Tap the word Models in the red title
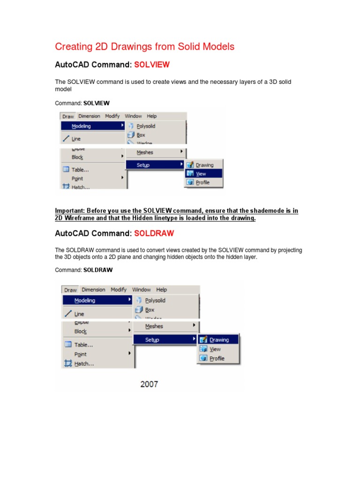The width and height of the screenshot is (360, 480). [x=217, y=46]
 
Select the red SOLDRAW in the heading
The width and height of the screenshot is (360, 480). [x=154, y=233]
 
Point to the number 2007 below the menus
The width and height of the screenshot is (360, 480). [x=149, y=384]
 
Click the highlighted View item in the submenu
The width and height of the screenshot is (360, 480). [x=201, y=174]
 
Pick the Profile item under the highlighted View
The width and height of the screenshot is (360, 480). [x=202, y=183]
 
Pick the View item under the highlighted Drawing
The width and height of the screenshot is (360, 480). [x=215, y=349]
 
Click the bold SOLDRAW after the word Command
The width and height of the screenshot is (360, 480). [x=98, y=270]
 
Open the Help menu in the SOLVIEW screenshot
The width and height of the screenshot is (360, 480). [x=151, y=116]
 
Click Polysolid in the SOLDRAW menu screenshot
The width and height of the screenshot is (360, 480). [x=155, y=300]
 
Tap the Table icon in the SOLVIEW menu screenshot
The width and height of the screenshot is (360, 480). [x=66, y=170]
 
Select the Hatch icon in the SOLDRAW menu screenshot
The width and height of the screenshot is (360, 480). [x=67, y=363]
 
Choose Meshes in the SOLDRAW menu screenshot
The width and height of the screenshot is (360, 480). [x=154, y=326]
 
